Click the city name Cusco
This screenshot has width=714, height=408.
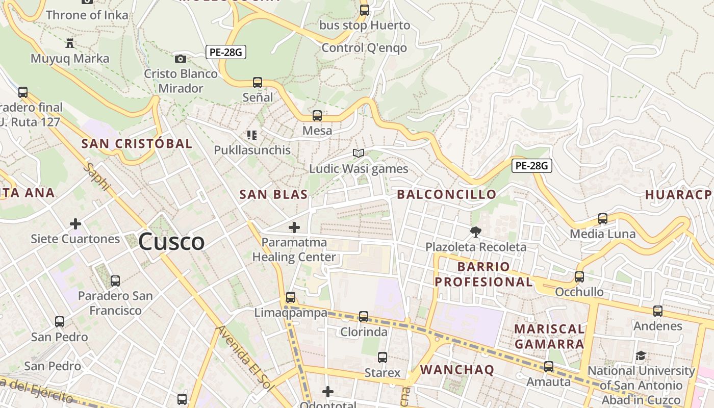[x=171, y=241]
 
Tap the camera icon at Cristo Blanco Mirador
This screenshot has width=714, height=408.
[x=180, y=59]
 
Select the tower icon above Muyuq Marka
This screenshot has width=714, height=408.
[x=70, y=43]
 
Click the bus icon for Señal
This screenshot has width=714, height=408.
[x=258, y=82]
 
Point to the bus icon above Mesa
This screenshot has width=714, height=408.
[x=317, y=116]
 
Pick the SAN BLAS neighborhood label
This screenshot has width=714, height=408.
[x=273, y=194]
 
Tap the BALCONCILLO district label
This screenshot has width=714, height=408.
[x=446, y=194]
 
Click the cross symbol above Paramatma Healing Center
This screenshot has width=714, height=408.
[x=294, y=227]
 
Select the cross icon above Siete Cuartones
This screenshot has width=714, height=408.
[x=75, y=224]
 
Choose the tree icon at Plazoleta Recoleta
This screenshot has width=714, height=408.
[x=476, y=232]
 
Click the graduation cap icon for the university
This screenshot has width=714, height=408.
[x=641, y=356]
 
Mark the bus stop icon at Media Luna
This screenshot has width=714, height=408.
[x=603, y=219]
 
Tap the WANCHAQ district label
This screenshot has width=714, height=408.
[x=457, y=370]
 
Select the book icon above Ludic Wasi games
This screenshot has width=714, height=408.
[x=359, y=153]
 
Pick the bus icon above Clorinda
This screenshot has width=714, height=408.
[x=364, y=317]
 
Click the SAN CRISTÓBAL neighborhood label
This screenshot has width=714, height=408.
[x=137, y=144]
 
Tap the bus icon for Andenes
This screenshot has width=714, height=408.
[x=658, y=311]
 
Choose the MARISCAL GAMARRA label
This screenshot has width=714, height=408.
[x=549, y=336]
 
